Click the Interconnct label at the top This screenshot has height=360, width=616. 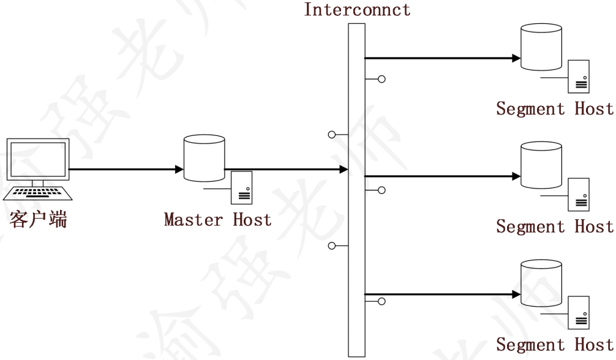tap(357, 10)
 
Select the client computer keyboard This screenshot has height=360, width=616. tap(38, 193)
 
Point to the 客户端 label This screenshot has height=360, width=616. tap(38, 220)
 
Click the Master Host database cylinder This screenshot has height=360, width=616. tap(204, 158)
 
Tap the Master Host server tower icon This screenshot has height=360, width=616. tap(242, 188)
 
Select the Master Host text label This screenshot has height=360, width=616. tap(217, 219)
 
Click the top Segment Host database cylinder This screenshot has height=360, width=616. tap(541, 47)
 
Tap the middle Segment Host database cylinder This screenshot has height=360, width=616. tap(541, 165)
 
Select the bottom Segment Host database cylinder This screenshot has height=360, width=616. tap(541, 283)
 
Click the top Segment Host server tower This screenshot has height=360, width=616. tap(579, 76)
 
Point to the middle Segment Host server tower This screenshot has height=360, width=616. tap(579, 194)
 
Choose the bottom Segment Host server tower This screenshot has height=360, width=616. tap(579, 312)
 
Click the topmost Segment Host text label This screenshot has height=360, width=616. tap(554, 109)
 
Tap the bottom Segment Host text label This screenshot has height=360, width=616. tap(554, 345)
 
